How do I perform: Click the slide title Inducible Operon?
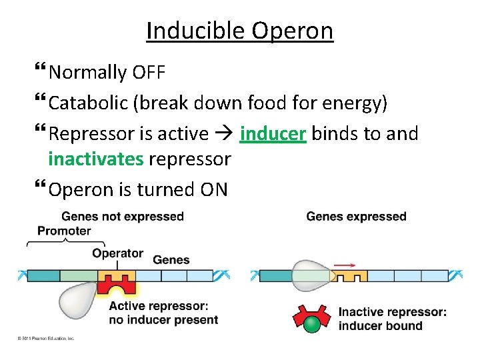pos(239,31)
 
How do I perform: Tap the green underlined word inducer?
pos(273,134)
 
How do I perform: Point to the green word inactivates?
pos(96,159)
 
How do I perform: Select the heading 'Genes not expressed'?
pos(123,216)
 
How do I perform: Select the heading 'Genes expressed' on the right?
pos(356,216)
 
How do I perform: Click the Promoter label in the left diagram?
pos(64,231)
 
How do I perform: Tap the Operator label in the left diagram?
pos(117,253)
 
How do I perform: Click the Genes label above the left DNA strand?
pos(171,259)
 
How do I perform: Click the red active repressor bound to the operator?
pos(117,285)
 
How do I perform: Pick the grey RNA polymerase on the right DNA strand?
pos(311,275)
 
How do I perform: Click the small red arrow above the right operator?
pos(344,265)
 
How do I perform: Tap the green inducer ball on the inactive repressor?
pos(312,325)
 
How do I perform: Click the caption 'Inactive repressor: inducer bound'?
pos(392,319)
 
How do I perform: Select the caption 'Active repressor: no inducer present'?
pos(163,313)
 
